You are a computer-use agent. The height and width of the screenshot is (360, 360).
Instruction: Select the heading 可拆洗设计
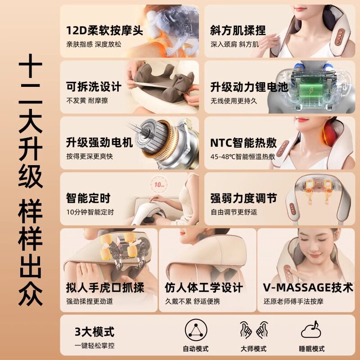94,87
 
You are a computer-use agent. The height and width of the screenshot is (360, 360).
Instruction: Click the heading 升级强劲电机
99,143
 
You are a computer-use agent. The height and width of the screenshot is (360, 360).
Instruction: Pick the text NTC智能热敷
243,143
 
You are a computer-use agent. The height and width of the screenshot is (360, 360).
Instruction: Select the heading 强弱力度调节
243,198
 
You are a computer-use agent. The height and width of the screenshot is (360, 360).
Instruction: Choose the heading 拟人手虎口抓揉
105,288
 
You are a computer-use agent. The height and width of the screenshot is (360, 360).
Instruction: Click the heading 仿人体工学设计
204,288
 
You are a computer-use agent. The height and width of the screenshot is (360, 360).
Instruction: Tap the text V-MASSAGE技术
308,288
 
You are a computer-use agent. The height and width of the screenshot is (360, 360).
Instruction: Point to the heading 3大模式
94,332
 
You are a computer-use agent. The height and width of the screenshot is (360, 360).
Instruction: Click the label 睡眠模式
311,349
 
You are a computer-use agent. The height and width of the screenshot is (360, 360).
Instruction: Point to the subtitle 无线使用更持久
234,100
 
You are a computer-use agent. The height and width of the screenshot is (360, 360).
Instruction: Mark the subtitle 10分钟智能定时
90,212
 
